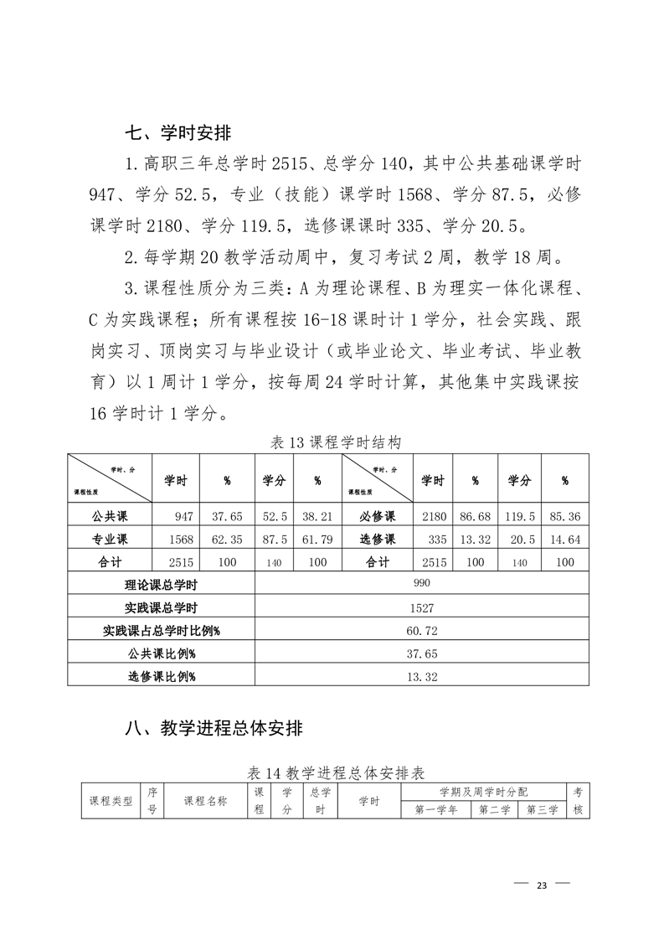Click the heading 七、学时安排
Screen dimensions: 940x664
click(x=178, y=132)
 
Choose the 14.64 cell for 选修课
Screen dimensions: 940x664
click(x=564, y=540)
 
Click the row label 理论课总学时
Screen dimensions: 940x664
click(x=161, y=585)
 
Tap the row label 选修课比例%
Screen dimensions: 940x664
click(x=161, y=675)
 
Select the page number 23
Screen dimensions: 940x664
click(x=541, y=886)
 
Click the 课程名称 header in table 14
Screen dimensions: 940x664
click(x=205, y=801)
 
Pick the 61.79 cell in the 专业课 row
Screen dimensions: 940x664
click(x=317, y=540)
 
